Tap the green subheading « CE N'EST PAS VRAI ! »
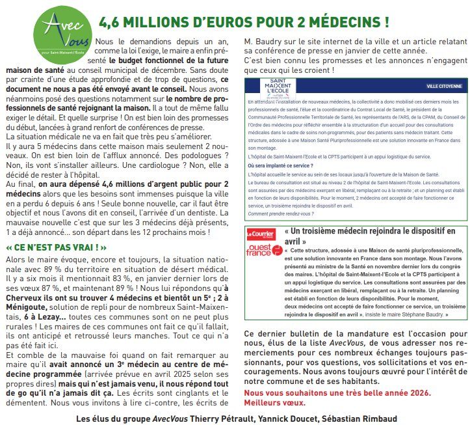click(56, 248)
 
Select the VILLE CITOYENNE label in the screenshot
click(444, 85)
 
